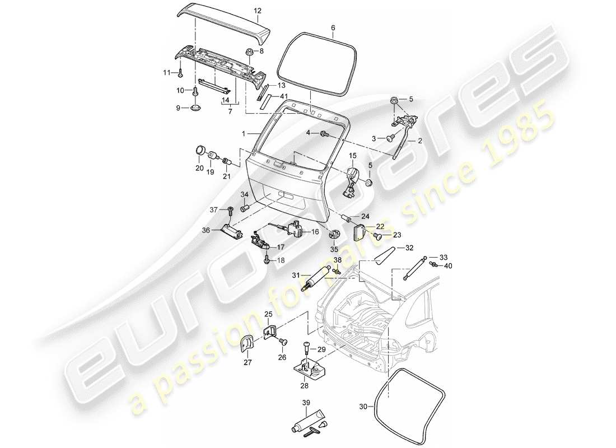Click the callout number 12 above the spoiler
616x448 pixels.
(257, 11)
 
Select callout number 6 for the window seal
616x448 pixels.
(333, 27)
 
